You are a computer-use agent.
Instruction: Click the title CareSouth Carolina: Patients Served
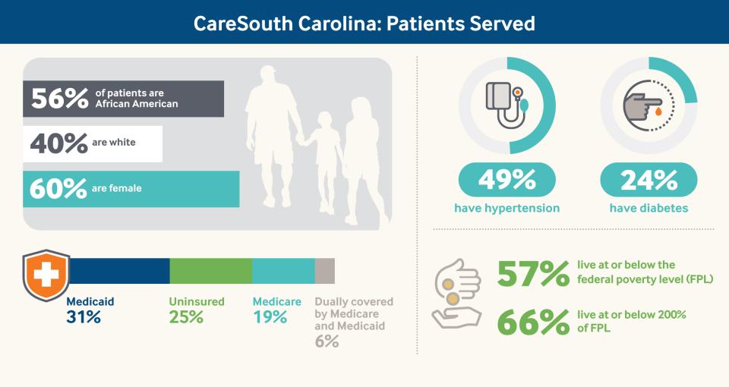(364, 23)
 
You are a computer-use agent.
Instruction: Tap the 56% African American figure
(59, 99)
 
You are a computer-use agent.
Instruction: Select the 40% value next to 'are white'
(58, 143)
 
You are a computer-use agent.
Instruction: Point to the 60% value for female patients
(58, 188)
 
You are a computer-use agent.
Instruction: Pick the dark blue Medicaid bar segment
(119, 271)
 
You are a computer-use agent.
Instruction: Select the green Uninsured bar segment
(210, 271)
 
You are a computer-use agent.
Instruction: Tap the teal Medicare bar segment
(283, 271)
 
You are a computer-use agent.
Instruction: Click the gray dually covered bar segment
(324, 271)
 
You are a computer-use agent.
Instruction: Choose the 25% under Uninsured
(186, 317)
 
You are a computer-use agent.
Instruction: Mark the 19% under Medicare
(270, 317)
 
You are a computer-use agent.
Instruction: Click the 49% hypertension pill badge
(507, 181)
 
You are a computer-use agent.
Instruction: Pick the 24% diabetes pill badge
(649, 181)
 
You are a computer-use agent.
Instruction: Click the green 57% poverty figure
(532, 274)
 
